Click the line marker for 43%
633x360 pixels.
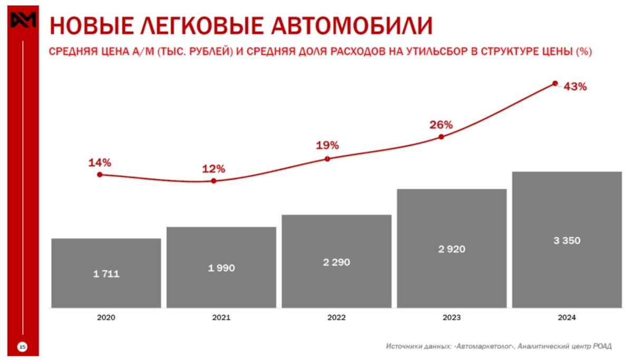pos(555,83)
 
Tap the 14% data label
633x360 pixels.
pos(100,163)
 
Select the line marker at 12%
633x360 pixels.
pos(214,181)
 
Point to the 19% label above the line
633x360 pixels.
pos(327,146)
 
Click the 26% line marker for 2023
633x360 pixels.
pos(441,137)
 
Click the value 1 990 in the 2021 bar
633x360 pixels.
pos(221,268)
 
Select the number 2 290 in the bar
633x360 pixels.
pos(336,262)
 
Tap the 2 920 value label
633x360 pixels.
pos(452,249)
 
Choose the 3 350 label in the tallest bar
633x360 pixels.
pos(567,241)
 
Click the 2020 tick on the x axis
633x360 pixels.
pos(105,318)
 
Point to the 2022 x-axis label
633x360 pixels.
pos(336,318)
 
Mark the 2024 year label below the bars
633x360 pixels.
pos(567,318)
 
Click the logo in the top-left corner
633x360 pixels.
pos(23,20)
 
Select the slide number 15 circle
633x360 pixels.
pos(23,347)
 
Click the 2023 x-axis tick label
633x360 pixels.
pos(452,318)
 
